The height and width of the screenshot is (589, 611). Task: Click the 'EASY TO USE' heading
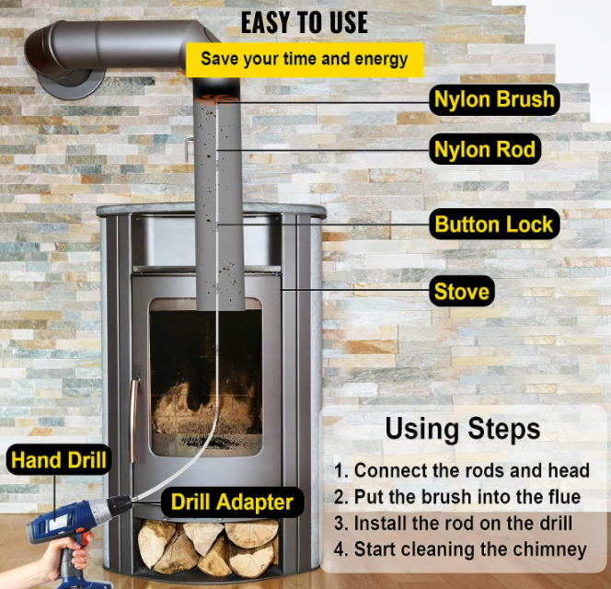[x=304, y=23]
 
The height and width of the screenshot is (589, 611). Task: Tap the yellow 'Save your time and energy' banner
[x=305, y=60]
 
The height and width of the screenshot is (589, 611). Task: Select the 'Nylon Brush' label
[x=494, y=99]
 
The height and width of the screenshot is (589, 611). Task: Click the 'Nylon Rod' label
[x=485, y=149]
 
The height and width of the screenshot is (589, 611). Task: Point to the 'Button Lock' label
[x=494, y=225]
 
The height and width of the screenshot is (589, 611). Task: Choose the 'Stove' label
[x=462, y=291]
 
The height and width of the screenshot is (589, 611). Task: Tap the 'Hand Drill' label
[x=59, y=459]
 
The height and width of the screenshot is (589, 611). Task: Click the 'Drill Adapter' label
[x=232, y=502]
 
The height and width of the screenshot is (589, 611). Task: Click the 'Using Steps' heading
[x=463, y=429]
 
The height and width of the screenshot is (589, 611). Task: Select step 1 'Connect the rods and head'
[x=461, y=470]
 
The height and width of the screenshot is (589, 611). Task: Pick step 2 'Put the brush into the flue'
[x=457, y=497]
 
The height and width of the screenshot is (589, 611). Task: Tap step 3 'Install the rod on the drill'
[x=453, y=523]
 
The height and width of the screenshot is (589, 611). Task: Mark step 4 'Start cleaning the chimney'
[x=460, y=549]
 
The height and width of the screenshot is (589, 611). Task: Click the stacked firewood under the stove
[x=209, y=547]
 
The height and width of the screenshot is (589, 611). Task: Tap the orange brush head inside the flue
[x=216, y=99]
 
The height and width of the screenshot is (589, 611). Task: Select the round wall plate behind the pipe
[x=71, y=83]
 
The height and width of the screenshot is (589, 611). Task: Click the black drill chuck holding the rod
[x=120, y=505]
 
